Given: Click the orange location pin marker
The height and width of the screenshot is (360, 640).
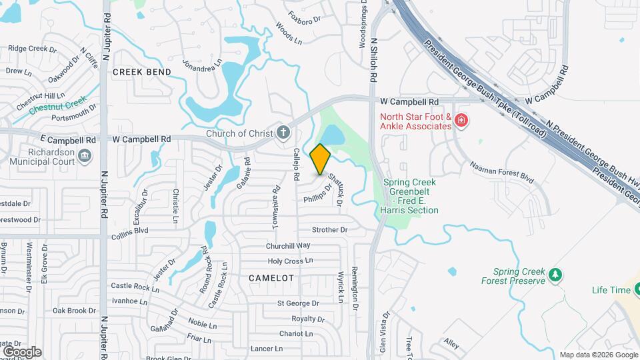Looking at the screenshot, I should (321, 159).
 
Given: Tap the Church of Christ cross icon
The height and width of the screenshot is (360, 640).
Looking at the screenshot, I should (283, 133).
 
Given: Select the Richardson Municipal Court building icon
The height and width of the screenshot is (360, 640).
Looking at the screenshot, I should (85, 156).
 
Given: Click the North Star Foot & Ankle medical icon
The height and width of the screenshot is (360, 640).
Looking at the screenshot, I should (461, 121).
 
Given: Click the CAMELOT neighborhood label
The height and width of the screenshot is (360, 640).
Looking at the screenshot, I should (271, 277).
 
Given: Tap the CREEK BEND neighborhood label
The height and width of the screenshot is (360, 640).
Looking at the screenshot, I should (141, 71).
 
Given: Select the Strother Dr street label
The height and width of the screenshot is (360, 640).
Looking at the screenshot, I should (330, 230).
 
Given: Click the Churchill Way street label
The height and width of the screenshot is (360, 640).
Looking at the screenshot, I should (289, 245).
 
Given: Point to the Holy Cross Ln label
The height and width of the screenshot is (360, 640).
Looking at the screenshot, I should (289, 261).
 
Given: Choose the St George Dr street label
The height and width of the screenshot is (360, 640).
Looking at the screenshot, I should (299, 303).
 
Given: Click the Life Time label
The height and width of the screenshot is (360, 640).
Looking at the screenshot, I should (610, 290).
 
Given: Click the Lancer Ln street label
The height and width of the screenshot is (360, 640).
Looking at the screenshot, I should (267, 349).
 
